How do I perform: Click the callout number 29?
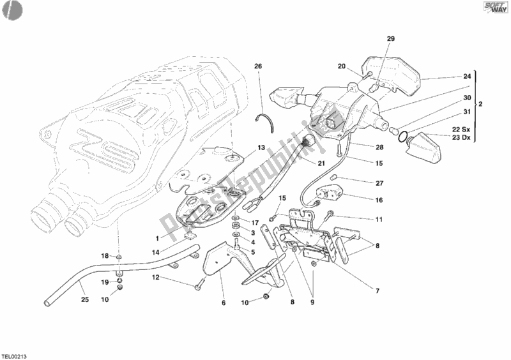[x=391, y=40]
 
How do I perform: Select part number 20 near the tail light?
[x=342, y=66]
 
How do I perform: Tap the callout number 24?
[x=468, y=77]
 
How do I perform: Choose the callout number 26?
[x=258, y=66]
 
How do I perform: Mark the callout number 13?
[x=261, y=147]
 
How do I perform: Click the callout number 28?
[x=379, y=147]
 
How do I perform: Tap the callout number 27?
[x=379, y=183]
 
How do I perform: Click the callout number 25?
[x=84, y=299]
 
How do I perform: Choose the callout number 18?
[x=105, y=256]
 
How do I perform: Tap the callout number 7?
[x=378, y=291]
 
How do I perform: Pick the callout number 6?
[x=224, y=303]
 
